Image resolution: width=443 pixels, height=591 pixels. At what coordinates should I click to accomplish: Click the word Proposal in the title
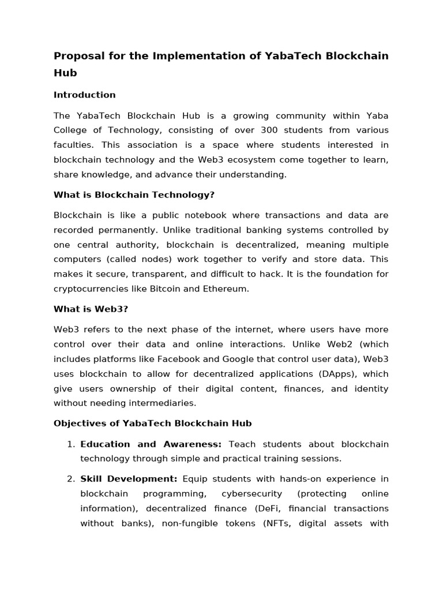(78, 56)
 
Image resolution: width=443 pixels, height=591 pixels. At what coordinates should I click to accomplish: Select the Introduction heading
(84, 95)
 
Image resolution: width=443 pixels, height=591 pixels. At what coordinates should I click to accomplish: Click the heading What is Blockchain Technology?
(134, 195)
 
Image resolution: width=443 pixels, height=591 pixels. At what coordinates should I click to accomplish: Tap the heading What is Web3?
(91, 309)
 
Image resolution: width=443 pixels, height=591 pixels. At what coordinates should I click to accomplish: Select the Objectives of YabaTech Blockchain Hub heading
(152, 423)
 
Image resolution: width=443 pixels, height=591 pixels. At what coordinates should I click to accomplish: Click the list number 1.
(71, 444)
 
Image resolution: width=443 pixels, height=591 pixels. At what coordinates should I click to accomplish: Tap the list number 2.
(71, 479)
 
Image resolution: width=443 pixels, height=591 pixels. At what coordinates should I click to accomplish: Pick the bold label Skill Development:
(129, 479)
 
